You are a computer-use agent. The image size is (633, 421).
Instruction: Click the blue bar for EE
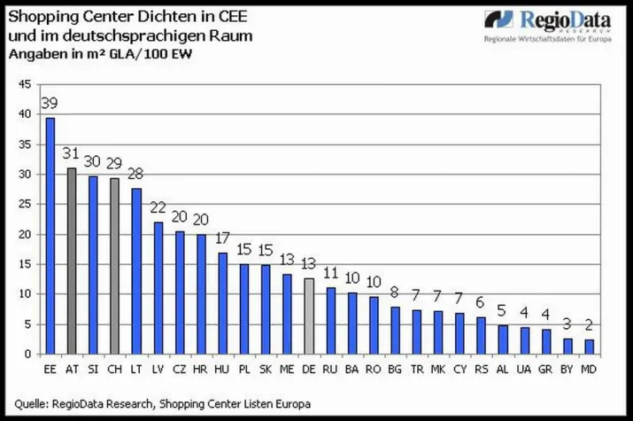pyautogui.click(x=50, y=236)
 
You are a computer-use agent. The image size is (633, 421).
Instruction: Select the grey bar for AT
pyautogui.click(x=72, y=261)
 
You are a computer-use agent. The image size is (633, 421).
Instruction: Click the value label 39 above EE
pyautogui.click(x=50, y=104)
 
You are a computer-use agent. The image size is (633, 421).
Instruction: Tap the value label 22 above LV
pyautogui.click(x=158, y=207)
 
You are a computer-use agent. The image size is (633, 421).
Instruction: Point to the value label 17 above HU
pyautogui.click(x=222, y=238)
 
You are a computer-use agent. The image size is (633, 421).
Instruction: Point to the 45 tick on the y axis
pyautogui.click(x=25, y=84)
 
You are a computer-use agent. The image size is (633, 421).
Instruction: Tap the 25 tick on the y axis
pyautogui.click(x=25, y=205)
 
